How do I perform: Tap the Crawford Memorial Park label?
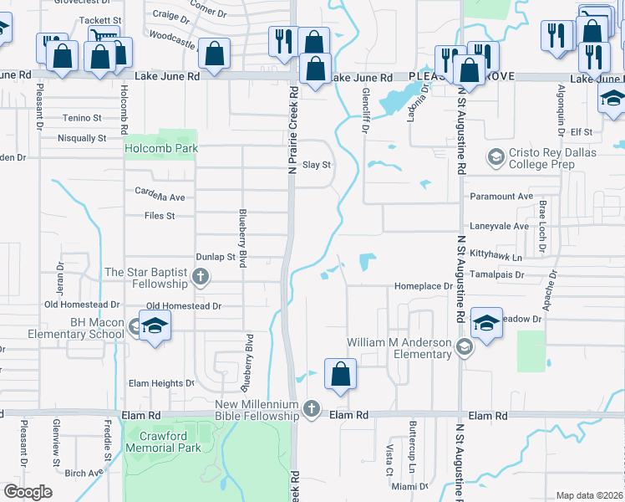[164, 442]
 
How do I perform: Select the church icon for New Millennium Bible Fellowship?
[311, 408]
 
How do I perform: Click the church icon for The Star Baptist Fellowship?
[200, 276]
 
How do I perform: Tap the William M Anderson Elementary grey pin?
[465, 348]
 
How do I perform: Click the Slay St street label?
[317, 165]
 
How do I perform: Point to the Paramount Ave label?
[501, 196]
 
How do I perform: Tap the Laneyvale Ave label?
[500, 226]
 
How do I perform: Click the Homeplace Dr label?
[423, 286]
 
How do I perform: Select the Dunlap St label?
[215, 258]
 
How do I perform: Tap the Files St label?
[159, 216]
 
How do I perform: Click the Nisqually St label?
[82, 138]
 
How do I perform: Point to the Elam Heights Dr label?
[160, 383]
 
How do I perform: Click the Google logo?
[28, 492]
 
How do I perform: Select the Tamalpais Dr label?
[495, 274]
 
